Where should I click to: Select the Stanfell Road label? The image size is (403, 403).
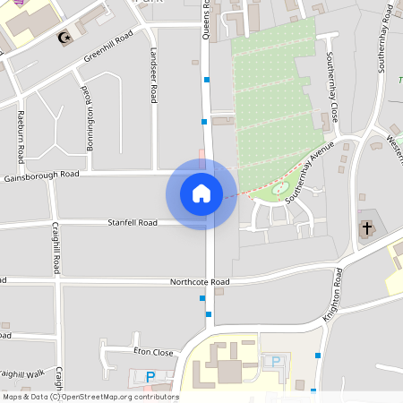[133, 222]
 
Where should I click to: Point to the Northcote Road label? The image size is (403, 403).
[200, 282]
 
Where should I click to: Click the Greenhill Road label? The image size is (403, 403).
[108, 46]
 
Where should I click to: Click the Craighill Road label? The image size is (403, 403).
[56, 248]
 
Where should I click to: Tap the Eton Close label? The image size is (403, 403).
[153, 352]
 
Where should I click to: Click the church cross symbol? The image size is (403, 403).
[367, 228]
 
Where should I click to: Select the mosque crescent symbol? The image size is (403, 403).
[63, 38]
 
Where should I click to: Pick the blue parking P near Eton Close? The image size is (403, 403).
[150, 377]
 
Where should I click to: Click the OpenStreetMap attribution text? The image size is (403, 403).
[90, 397]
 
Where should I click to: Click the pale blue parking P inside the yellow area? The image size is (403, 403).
[276, 361]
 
